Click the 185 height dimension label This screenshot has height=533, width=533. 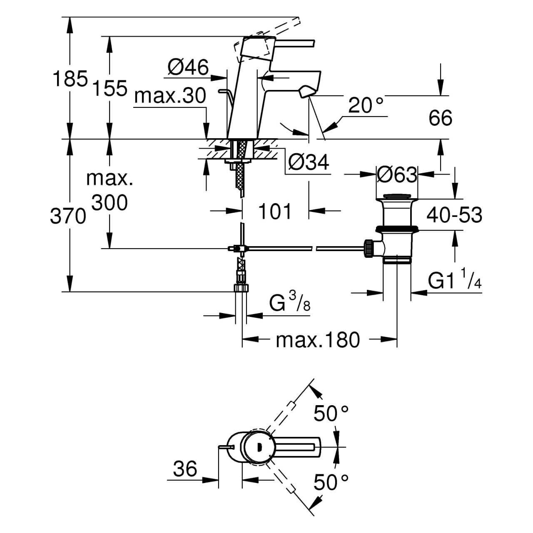(x=70, y=79)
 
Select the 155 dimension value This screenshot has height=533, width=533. (x=110, y=88)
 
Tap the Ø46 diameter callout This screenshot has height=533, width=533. (x=188, y=67)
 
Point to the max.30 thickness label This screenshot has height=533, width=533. (x=170, y=97)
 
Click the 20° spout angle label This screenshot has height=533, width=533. (x=366, y=106)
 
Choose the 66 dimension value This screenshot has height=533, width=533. (x=440, y=118)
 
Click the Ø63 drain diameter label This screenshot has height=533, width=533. (x=396, y=175)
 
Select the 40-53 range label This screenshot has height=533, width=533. (x=454, y=215)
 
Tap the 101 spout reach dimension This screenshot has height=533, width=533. (x=275, y=212)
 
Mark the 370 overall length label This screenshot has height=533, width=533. (x=68, y=216)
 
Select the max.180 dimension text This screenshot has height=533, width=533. (x=317, y=340)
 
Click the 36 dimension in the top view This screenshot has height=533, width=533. (x=185, y=469)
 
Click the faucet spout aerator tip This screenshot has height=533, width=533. (x=306, y=92)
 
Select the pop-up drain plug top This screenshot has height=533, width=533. (x=396, y=196)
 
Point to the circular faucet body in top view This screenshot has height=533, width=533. (x=258, y=448)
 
